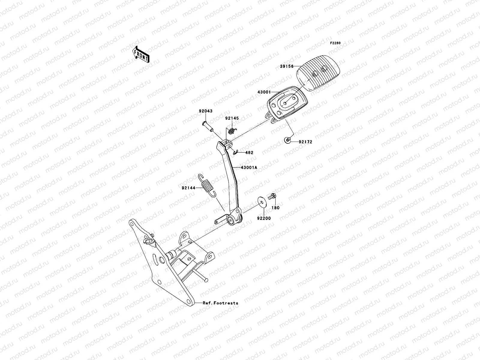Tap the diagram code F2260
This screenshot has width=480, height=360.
point(335,43)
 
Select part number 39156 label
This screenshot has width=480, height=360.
point(286,66)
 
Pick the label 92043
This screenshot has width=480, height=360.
point(205,111)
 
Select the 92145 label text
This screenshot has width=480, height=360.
point(232,118)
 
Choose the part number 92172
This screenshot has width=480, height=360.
point(305,142)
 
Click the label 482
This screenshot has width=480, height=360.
point(249,153)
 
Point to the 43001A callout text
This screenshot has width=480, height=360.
point(249,168)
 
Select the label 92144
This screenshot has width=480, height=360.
point(188,188)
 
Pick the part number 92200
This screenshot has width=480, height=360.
point(264,218)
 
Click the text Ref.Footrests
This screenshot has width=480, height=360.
point(220,303)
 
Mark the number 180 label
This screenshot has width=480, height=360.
point(275,208)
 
